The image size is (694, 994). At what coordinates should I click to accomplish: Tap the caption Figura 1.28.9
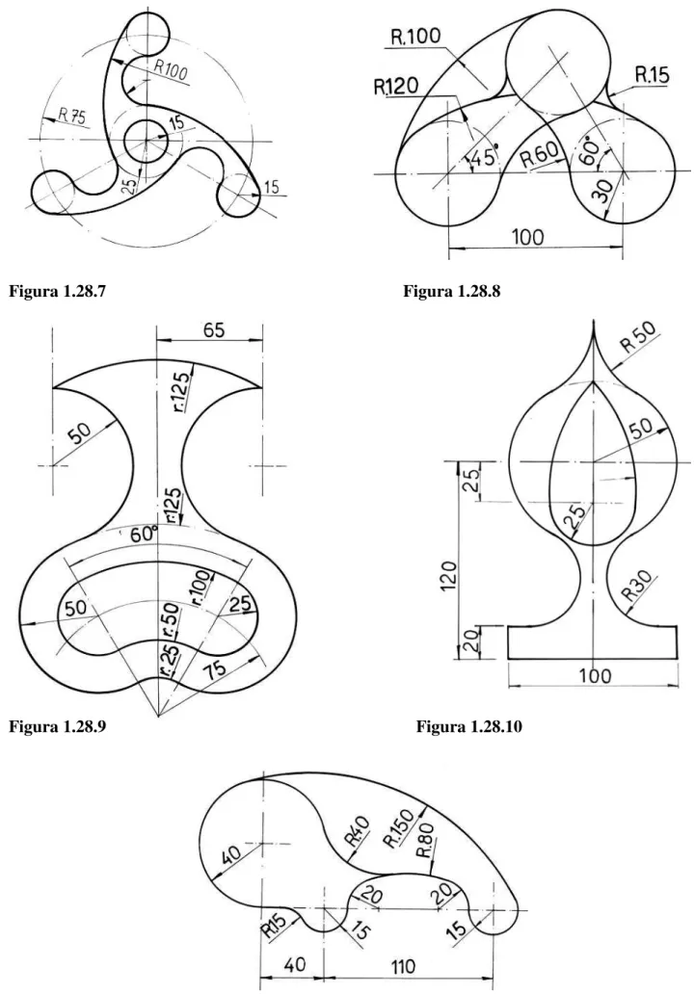(58, 726)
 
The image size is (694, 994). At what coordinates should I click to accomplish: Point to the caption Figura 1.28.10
(468, 726)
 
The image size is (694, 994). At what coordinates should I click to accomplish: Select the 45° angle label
(484, 155)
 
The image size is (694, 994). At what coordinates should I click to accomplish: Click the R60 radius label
(540, 154)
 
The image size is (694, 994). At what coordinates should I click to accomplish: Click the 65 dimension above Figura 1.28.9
(214, 331)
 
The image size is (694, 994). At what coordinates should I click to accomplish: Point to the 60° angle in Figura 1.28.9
(144, 535)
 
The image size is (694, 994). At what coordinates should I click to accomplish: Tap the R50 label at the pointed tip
(638, 337)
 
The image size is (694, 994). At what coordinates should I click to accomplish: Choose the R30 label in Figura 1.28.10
(638, 586)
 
